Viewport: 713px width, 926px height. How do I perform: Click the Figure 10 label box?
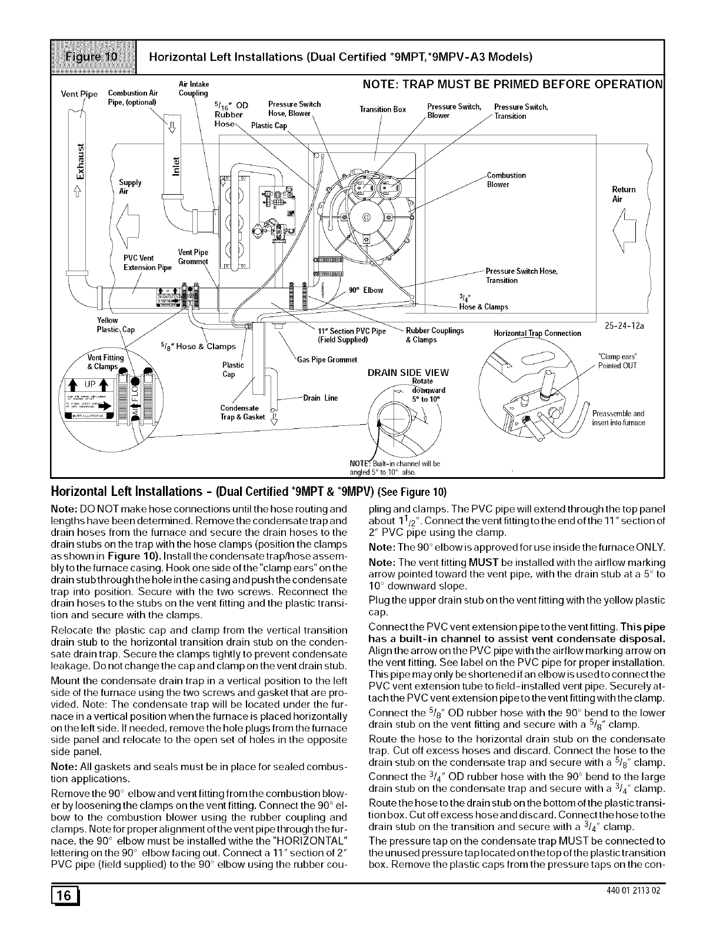coord(94,57)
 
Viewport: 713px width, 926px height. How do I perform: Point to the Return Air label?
coord(624,194)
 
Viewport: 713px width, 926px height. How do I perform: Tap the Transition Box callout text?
coord(383,109)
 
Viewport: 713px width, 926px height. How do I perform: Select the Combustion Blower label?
coord(506,180)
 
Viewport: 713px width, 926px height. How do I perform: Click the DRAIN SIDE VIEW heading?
coord(408,372)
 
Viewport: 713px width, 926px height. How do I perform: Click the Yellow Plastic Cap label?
coord(115,325)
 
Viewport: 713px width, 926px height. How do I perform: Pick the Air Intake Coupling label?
coord(193,88)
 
